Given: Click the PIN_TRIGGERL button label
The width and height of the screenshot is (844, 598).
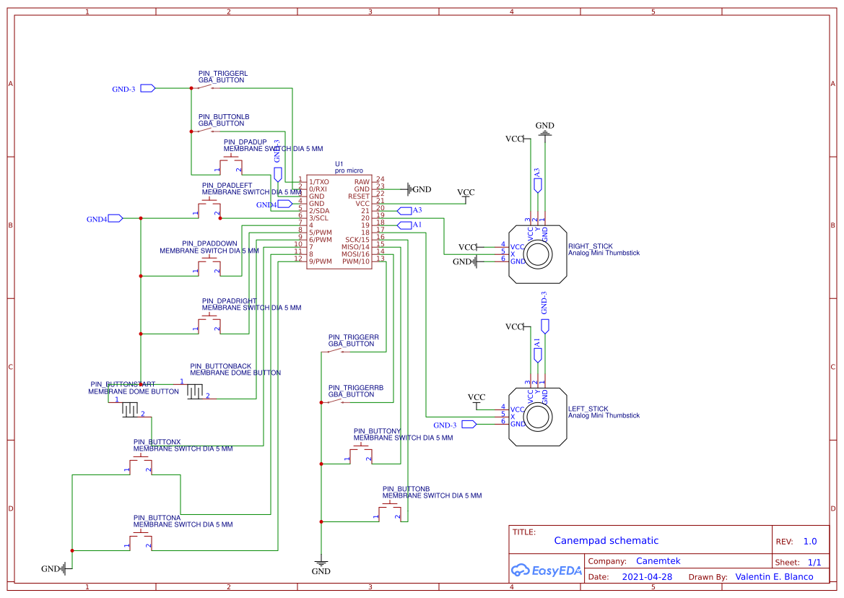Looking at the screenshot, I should (223, 74).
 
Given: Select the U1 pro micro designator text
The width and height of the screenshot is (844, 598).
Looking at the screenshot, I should (339, 164).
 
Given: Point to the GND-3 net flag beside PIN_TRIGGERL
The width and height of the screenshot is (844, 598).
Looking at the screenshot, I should (147, 89).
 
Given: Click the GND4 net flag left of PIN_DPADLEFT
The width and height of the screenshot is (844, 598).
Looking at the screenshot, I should (116, 218).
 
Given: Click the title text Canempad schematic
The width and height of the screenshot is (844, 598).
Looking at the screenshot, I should (606, 540).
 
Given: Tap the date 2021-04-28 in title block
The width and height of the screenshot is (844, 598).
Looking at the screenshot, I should (647, 577).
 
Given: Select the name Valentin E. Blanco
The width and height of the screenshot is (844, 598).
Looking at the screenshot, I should (774, 577).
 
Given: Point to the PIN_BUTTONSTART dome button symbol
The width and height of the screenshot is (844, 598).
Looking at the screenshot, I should (130, 409).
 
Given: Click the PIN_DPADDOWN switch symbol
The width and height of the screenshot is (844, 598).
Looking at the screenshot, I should (208, 266).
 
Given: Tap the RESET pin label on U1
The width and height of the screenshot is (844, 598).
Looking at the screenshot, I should (358, 196).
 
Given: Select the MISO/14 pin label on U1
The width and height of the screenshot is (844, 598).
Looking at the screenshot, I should (355, 247).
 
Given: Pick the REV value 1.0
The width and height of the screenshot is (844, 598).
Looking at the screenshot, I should (810, 542).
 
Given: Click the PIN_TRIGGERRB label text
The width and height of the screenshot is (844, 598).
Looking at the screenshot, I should (356, 388).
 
